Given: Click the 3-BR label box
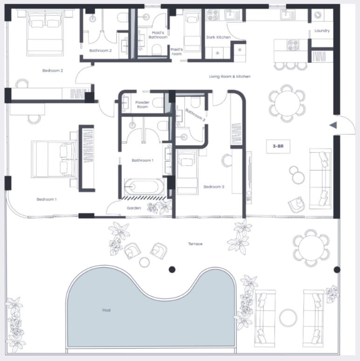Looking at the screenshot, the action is (x=278, y=146).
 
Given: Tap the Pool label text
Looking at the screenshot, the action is (x=106, y=310).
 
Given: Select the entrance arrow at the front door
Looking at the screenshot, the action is (x=333, y=125).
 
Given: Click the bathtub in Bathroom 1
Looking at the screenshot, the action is (x=144, y=187).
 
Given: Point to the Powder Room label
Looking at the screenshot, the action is (x=142, y=104).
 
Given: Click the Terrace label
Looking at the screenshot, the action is (x=195, y=243).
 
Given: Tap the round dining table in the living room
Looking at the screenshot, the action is (x=287, y=104).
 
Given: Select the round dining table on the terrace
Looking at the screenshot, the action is (x=311, y=248).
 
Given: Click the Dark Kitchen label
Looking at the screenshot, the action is (x=218, y=37).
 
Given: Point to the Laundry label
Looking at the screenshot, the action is (x=322, y=31).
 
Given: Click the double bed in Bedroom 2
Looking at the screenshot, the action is (x=45, y=33).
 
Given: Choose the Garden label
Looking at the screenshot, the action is (x=134, y=208).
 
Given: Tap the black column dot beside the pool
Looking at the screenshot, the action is (x=172, y=270).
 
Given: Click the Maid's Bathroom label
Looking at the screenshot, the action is (x=158, y=35).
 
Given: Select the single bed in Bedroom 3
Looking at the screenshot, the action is (x=187, y=172).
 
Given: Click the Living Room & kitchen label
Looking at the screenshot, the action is (x=230, y=76).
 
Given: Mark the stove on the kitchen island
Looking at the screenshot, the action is (x=293, y=45).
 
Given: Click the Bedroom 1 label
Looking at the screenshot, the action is (x=47, y=199).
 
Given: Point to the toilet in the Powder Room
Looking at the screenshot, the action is (x=159, y=103).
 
